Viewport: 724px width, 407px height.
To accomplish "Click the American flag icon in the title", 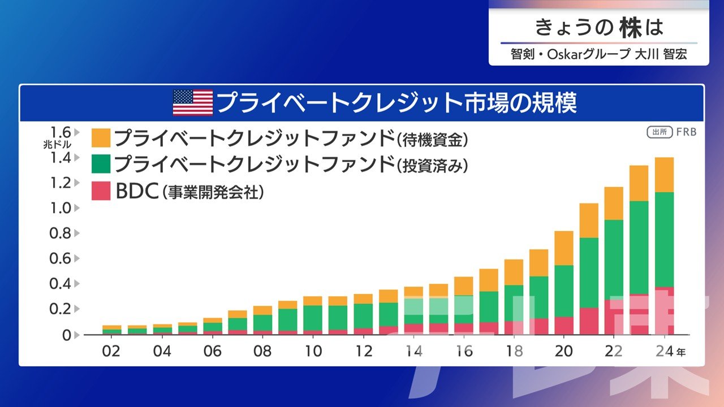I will [x=192, y=103].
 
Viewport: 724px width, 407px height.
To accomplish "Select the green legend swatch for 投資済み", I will [x=101, y=164].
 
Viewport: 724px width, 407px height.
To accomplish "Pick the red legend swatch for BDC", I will [x=101, y=191].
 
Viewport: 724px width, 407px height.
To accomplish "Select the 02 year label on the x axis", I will [x=111, y=351].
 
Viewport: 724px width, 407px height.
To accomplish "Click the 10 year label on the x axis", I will [x=313, y=351].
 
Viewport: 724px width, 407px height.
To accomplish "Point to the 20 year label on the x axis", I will [x=564, y=351].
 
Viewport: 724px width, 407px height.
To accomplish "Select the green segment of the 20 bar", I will [x=564, y=291].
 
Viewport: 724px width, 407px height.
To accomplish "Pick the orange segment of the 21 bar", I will [x=589, y=220].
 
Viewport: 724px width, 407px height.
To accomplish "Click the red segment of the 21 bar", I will [x=589, y=321].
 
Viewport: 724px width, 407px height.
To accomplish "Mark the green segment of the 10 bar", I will [x=313, y=318].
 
